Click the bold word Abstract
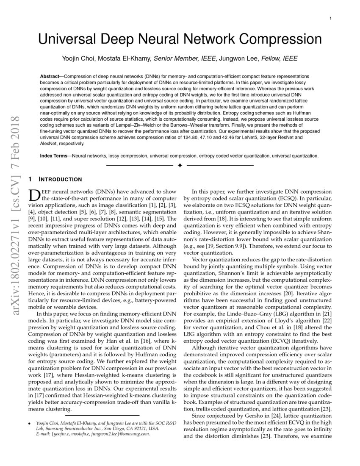pos(50,75)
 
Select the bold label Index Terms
pos(53,156)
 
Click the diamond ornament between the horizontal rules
pos(180,165)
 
